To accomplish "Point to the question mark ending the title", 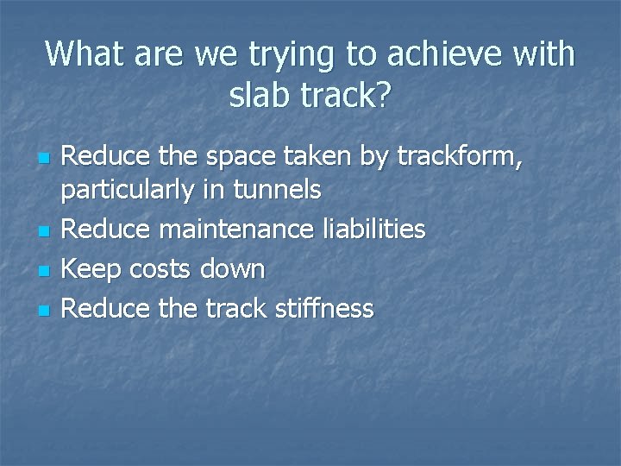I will pyautogui.click(x=382, y=95).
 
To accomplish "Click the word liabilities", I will pyautogui.click(x=372, y=229).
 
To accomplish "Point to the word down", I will pyautogui.click(x=232, y=268).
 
